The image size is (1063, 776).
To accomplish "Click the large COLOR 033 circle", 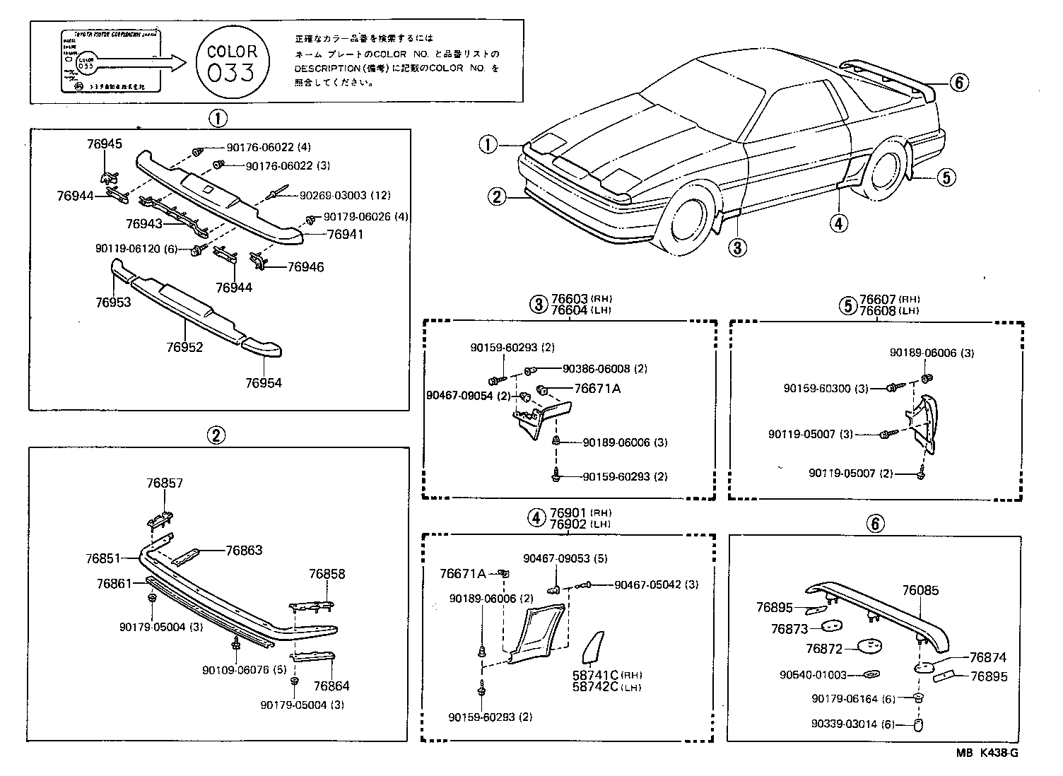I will [x=232, y=62].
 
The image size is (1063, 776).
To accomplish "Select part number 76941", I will [x=345, y=234].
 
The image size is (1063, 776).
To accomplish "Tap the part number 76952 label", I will [x=185, y=347].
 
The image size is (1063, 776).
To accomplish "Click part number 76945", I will [x=105, y=144].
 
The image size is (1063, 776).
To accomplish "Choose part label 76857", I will [x=165, y=483].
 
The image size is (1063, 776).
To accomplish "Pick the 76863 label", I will [x=244, y=550].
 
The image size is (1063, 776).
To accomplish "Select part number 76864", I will [x=331, y=686].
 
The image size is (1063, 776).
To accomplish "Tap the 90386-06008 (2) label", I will [x=604, y=369].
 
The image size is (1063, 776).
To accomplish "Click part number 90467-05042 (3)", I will [x=656, y=584].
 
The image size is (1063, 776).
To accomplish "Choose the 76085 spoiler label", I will [x=920, y=590].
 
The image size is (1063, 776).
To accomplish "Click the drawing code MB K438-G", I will [x=987, y=753].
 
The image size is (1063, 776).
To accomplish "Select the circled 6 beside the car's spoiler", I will [x=958, y=83].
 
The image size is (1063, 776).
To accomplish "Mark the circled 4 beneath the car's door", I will [x=838, y=223].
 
